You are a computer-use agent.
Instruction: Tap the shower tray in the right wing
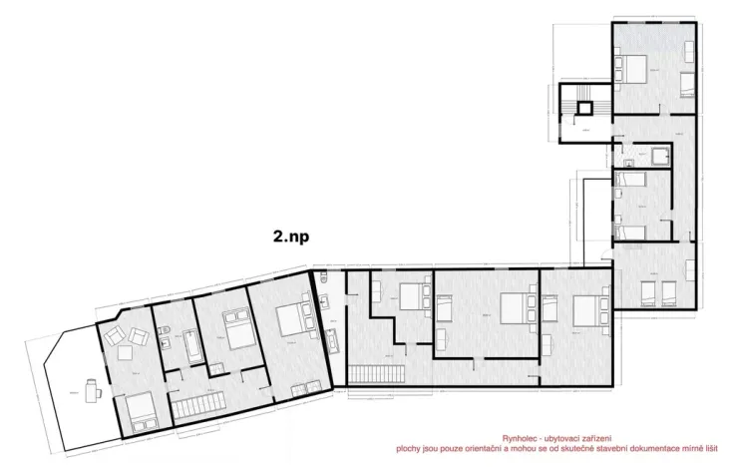coord(660,155)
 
